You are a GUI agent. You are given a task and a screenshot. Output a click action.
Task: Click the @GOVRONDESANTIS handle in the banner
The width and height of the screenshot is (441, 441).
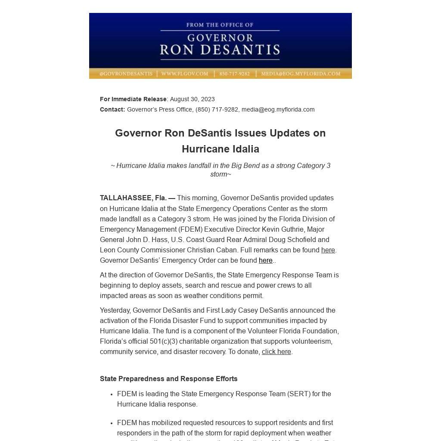126,74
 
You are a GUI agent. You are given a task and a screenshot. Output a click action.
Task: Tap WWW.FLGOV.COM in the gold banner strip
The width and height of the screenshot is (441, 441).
185,74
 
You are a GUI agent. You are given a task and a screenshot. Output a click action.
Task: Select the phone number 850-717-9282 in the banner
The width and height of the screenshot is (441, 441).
234,74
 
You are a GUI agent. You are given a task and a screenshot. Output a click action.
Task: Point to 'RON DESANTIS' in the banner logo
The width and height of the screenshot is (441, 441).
220,50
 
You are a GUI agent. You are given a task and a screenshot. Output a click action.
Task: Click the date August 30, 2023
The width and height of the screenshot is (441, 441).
192,99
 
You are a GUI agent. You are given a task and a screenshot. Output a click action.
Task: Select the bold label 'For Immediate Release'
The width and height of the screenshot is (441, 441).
133,99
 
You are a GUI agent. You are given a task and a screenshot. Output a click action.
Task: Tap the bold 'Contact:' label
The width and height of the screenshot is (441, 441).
112,109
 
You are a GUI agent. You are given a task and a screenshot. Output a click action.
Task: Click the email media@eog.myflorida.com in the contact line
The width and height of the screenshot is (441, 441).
278,109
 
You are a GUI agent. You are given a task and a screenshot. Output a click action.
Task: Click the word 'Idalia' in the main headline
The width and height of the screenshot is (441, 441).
244,149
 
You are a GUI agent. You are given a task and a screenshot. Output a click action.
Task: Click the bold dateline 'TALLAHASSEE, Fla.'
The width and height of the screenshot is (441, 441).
133,198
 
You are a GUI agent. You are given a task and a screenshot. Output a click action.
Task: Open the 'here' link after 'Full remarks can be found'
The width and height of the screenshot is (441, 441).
328,250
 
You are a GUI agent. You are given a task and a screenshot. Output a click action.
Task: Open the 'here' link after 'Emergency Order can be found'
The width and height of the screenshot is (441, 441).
265,261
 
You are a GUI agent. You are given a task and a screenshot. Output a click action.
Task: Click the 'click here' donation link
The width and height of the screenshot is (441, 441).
276,352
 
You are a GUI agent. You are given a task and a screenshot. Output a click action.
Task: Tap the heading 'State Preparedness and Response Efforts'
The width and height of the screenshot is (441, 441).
169,379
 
